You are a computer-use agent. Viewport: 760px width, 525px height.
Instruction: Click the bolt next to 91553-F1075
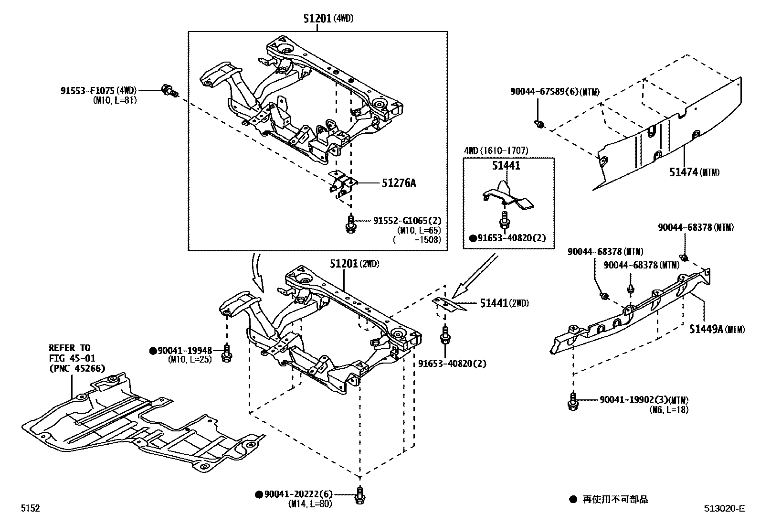[x=169, y=90]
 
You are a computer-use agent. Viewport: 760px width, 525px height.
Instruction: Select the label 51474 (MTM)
[x=684, y=171]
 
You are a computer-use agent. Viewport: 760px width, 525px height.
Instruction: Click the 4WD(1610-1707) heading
[x=496, y=150]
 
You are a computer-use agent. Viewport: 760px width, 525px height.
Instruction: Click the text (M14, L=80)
[x=310, y=504]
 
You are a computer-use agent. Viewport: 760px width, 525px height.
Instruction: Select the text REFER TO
[x=69, y=348]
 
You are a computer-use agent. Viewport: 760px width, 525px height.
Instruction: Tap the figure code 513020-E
[x=723, y=509]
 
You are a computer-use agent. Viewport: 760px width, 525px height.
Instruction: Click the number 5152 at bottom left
[x=30, y=509]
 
